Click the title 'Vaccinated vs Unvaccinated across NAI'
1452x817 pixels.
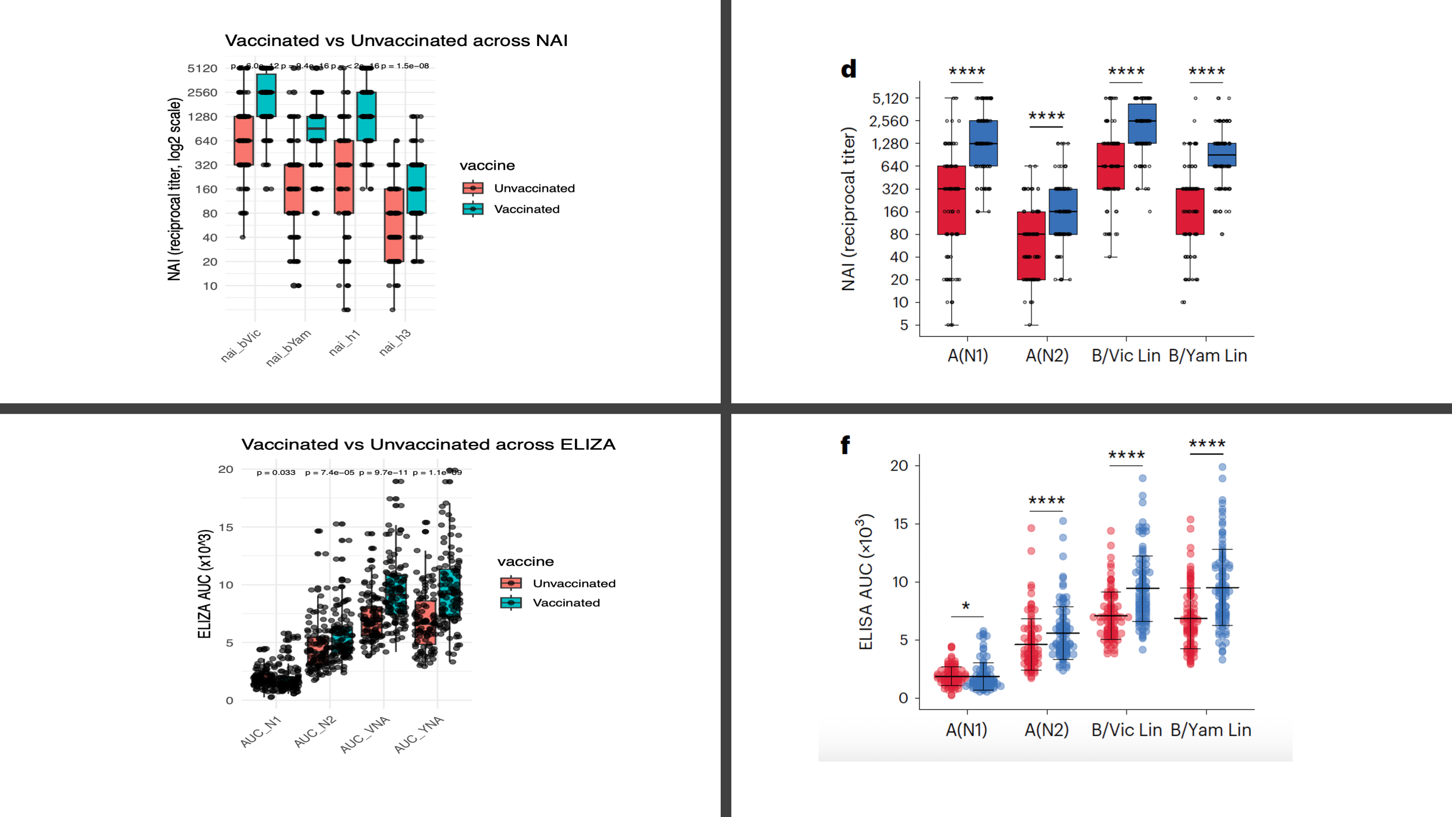tap(396, 41)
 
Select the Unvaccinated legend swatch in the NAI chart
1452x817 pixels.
tap(473, 188)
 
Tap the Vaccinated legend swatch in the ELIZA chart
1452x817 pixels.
tap(510, 603)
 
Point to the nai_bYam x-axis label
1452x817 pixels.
tap(289, 347)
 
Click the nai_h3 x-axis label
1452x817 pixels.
tap(395, 342)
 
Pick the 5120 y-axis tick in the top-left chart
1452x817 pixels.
tap(202, 68)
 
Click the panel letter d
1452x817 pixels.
tap(849, 69)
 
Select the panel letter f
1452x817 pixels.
tap(845, 445)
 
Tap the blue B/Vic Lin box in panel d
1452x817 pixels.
tap(1143, 124)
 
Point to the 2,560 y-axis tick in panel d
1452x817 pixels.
tap(889, 121)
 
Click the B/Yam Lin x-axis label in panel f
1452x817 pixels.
tap(1210, 730)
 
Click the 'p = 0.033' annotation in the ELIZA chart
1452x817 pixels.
tap(276, 472)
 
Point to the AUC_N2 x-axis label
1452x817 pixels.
tap(315, 731)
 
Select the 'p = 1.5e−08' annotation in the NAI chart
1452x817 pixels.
tap(405, 66)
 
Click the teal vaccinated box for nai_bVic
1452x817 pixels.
tap(266, 95)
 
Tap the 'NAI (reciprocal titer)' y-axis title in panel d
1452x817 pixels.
tap(849, 209)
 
